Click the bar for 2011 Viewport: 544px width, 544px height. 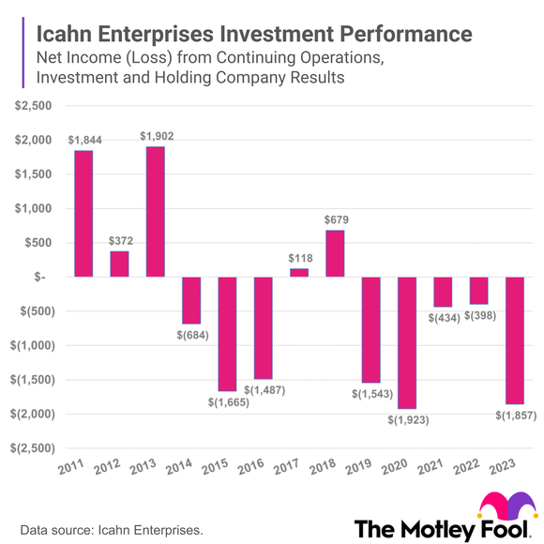[83, 214]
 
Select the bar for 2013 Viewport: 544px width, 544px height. [156, 212]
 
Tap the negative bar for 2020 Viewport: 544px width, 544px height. [407, 342]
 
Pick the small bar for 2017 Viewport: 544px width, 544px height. [299, 273]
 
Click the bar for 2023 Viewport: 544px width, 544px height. [515, 340]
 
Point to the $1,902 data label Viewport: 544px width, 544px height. [157, 137]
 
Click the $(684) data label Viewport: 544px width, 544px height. [191, 334]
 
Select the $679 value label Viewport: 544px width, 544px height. [335, 220]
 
